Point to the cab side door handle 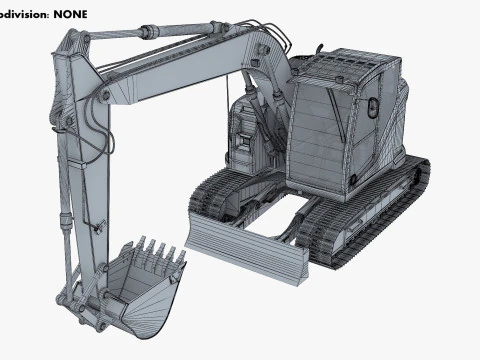[371, 105]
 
